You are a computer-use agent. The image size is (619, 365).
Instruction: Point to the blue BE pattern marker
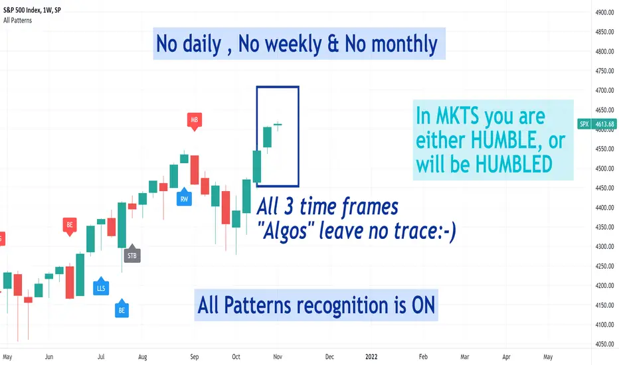click(122, 309)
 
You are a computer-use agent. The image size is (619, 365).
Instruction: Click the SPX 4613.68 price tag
click(597, 124)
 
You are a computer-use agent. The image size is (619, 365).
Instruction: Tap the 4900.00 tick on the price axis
click(605, 12)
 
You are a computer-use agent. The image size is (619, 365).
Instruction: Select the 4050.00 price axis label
click(605, 344)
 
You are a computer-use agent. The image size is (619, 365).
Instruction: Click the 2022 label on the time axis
click(371, 357)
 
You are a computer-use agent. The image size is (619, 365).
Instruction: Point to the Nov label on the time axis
click(278, 357)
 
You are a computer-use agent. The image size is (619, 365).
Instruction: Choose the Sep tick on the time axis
click(194, 357)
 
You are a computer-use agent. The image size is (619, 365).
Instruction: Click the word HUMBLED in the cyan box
click(513, 164)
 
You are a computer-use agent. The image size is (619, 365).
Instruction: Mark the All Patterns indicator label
click(18, 21)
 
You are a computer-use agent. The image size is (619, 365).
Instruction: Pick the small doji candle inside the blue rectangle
click(278, 125)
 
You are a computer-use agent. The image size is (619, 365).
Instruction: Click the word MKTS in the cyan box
click(458, 116)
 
